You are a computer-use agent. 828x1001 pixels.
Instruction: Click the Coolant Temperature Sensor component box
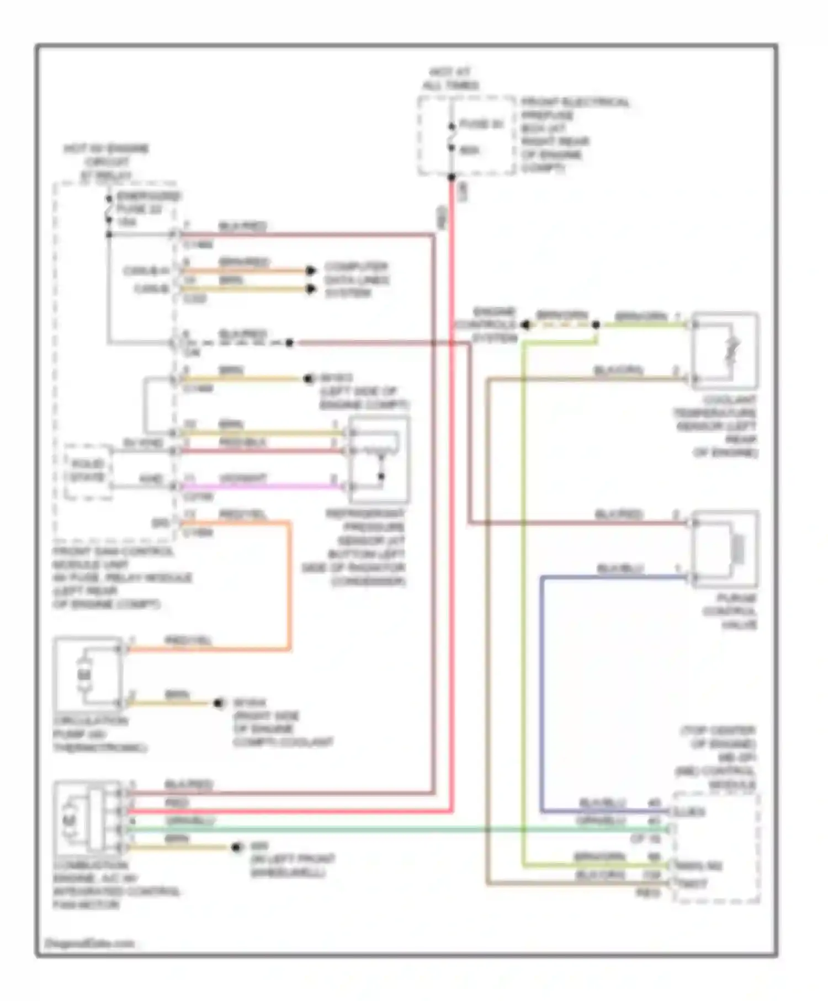(x=725, y=351)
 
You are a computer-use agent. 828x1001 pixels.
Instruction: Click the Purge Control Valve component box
(x=725, y=549)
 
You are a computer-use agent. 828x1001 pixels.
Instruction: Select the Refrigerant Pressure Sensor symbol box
(x=379, y=459)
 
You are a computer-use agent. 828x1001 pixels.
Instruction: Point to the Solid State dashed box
(x=88, y=471)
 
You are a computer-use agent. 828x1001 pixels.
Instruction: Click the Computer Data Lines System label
(x=356, y=280)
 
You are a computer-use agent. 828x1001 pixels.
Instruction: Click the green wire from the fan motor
(x=386, y=829)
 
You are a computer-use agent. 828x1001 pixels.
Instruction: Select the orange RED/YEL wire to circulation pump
(x=289, y=585)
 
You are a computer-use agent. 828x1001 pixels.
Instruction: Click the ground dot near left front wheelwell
(x=237, y=847)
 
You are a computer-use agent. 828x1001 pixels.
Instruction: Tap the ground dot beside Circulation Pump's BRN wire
(x=220, y=703)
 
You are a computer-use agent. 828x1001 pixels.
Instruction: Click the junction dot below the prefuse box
(x=452, y=177)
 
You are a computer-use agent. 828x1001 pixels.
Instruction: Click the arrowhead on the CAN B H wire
(x=311, y=270)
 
